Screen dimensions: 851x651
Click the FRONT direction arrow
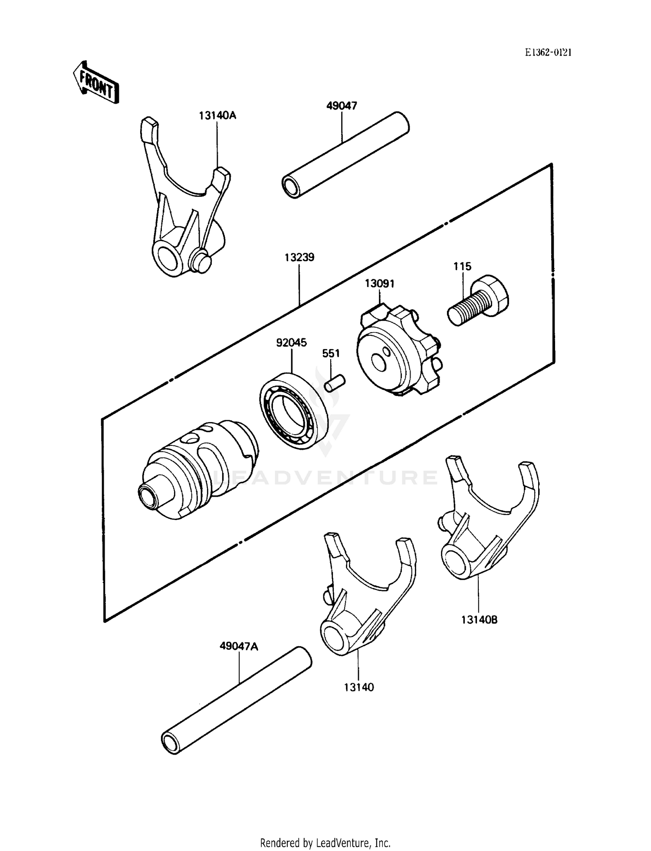tap(95, 83)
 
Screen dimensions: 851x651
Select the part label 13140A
tap(217, 116)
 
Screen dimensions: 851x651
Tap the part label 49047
tap(342, 106)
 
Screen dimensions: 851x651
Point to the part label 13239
tap(299, 257)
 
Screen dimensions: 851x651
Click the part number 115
tap(462, 266)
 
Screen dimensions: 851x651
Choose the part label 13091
tap(379, 284)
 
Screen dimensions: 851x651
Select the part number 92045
tap(291, 343)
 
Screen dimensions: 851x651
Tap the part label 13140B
tap(479, 620)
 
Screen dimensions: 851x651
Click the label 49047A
tap(239, 646)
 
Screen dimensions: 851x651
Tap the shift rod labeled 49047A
tap(237, 700)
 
